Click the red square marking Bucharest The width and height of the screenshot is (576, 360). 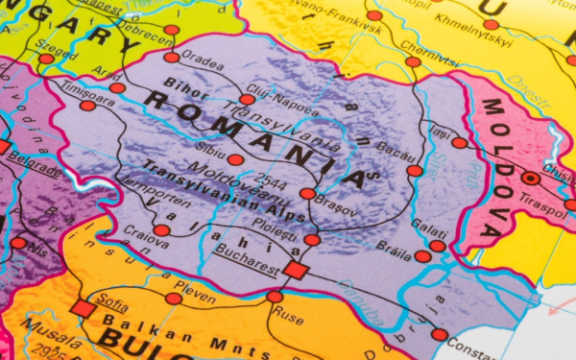pos(297,270)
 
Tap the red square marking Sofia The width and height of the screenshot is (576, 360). pos(84,308)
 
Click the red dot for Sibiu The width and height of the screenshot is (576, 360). pos(235,159)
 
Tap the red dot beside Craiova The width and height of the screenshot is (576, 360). pos(162,230)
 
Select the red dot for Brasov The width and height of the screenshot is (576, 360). pos(307,193)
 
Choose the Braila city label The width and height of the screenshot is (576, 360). pos(394,246)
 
